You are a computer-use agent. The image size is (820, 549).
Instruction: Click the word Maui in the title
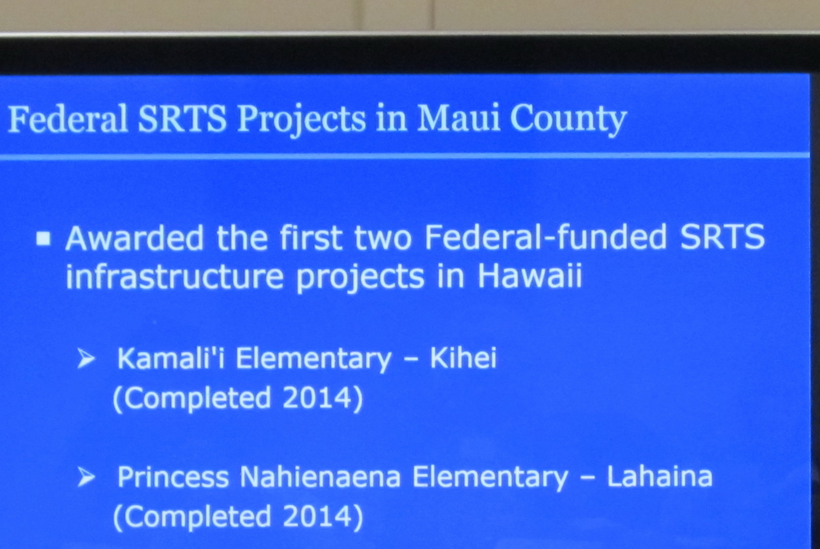point(459,118)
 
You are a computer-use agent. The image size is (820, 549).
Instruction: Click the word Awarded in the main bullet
point(134,238)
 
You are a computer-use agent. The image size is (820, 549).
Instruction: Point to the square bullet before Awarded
point(43,239)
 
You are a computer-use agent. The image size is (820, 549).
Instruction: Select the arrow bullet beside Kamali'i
point(86,358)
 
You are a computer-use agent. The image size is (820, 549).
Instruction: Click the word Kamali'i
point(171,358)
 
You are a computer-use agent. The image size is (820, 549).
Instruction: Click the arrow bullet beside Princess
point(86,477)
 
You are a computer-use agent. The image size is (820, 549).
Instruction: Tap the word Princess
point(173,477)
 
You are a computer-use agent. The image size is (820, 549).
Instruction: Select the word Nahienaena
point(321,476)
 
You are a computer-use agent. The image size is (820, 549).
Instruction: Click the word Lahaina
point(660,476)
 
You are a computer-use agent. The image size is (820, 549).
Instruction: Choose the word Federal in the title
point(68,119)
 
